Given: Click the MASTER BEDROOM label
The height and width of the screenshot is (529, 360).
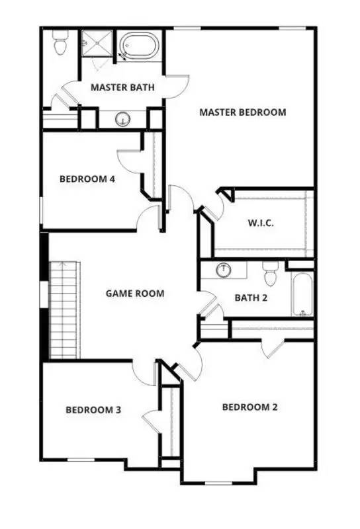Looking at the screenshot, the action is point(242,112).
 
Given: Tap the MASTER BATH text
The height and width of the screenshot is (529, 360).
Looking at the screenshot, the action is point(122,87).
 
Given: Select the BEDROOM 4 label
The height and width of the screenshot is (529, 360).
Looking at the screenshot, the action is point(87,179).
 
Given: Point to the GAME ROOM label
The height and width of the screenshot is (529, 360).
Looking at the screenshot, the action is point(135,294).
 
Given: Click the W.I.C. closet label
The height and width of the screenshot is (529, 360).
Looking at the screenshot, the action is point(261,223).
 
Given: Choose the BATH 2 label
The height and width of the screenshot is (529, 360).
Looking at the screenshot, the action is point(251,298).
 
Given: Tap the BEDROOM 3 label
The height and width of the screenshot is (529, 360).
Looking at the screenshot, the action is point(93,410).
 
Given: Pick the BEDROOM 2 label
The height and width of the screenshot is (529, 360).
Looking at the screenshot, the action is point(250,407).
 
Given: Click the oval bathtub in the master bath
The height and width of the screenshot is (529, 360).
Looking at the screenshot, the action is point(140,46).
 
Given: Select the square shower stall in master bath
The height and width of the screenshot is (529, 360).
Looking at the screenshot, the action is point(97,43).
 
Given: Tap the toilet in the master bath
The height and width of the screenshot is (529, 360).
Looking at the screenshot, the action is point(60,42).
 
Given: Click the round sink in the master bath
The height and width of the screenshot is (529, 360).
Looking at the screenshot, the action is point(122,119).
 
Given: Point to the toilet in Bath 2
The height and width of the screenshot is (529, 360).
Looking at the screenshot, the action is point(271,273).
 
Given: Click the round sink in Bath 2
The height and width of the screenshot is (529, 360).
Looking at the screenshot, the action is point(224,270).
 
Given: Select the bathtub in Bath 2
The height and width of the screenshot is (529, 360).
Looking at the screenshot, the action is point(302,294).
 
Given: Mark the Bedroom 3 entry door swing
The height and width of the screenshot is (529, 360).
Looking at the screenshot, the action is point(144,373).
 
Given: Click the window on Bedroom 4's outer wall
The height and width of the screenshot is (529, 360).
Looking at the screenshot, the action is point(41,210).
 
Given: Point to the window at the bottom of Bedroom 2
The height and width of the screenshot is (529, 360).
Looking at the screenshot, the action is point(218,483).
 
